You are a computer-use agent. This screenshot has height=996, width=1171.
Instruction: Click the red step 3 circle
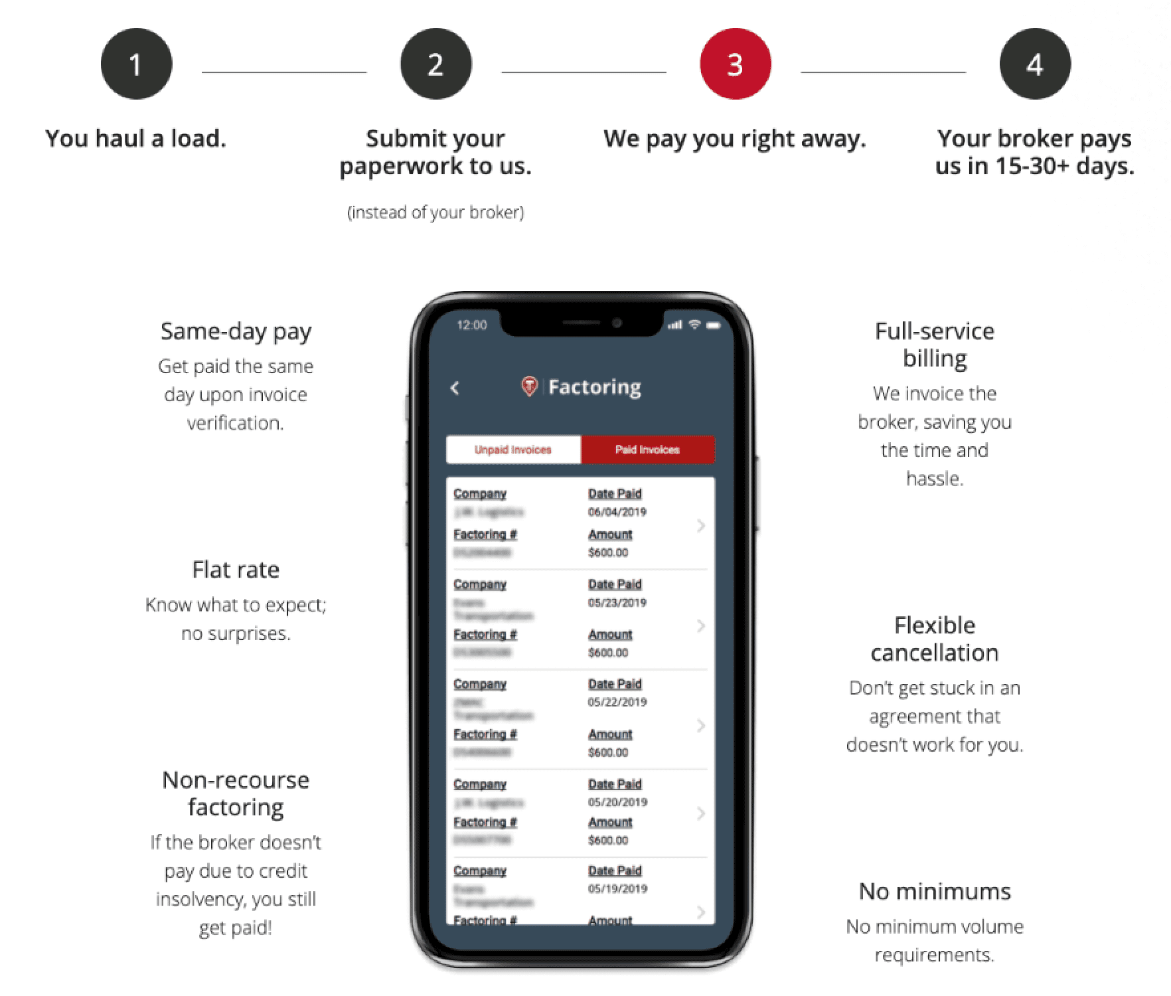coord(735,64)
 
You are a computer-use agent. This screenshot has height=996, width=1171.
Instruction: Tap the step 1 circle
coord(136,64)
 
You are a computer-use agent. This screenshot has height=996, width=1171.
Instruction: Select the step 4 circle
coord(1034,64)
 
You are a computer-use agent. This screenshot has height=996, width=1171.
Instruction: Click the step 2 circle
coord(435,64)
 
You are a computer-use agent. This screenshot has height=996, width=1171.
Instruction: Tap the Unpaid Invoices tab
coord(513,450)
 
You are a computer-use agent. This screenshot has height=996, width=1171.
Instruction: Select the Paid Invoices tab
coord(647,450)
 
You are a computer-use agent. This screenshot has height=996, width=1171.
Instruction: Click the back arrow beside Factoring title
coord(455,388)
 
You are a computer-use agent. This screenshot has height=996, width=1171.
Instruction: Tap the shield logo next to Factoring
coord(529,386)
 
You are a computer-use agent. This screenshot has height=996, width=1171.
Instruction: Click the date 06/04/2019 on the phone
coord(617,512)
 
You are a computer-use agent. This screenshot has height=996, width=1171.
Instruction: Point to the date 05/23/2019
coord(617,603)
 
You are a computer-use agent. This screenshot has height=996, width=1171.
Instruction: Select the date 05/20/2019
coord(617,802)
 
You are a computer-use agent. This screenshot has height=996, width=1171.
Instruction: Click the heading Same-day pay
coord(236,331)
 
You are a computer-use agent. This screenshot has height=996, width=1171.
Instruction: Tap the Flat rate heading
coord(236,570)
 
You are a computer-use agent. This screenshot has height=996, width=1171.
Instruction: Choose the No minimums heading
coord(935,891)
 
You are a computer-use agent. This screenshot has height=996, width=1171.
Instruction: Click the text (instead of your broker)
coord(435,212)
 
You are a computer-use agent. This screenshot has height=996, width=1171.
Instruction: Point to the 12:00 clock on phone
coord(472,325)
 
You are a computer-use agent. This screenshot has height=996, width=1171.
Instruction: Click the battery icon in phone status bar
coord(714,325)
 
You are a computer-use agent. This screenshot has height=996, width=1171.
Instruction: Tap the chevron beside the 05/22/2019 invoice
coord(700,726)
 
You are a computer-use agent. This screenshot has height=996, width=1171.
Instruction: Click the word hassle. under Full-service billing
coord(935,478)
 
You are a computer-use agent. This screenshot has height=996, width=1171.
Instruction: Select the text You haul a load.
coord(136,138)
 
